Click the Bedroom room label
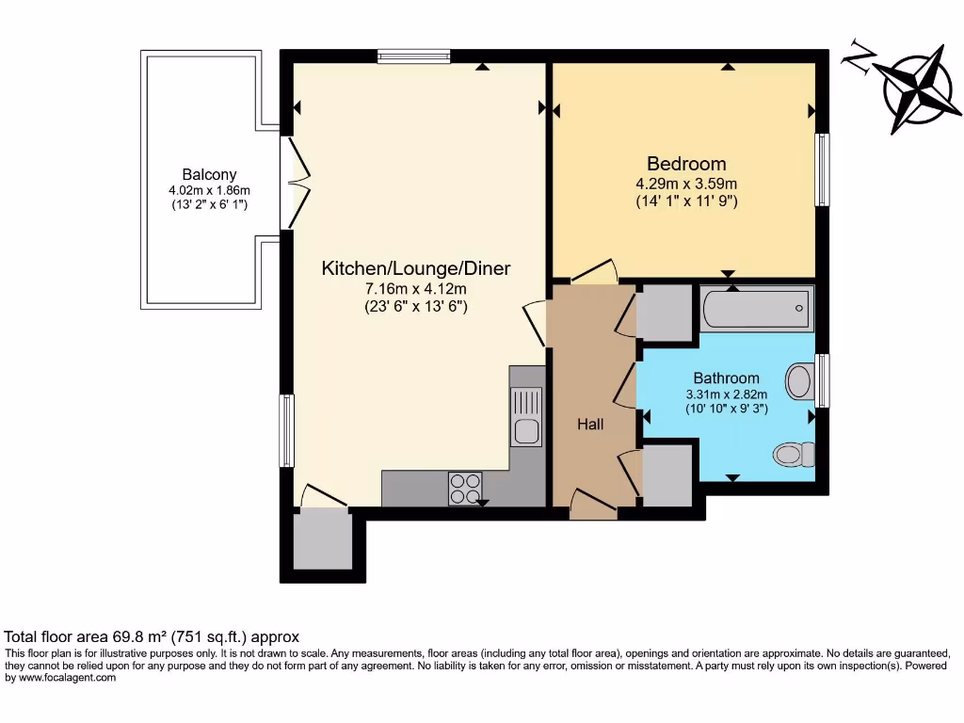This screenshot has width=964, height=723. pos(685,163)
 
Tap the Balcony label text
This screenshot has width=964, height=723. pos(209,174)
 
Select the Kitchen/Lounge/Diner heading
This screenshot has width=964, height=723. pos(415,268)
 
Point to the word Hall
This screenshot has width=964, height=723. pos(590,425)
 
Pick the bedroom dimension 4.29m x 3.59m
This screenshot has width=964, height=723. pos(685,184)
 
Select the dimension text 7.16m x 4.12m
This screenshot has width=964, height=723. pos(415,288)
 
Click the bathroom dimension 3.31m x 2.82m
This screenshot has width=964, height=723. pos(726,394)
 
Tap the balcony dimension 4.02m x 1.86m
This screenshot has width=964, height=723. pos(209,189)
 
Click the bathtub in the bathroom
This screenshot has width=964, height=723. pos(755,309)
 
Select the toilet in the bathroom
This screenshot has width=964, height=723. pos(795,455)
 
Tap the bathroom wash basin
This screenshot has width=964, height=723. pos(799,382)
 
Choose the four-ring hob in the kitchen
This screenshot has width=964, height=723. pos(463,489)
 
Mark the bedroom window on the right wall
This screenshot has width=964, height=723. pos(822,169)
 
